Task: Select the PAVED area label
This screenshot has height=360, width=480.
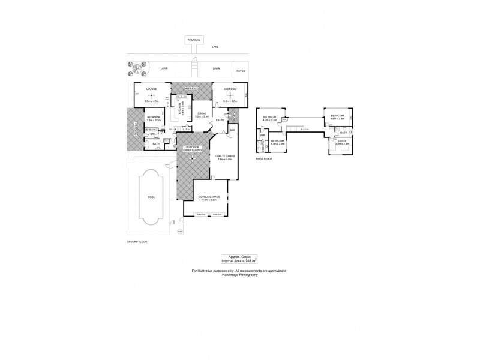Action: point(241,71)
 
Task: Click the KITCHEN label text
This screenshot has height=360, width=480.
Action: point(179,109)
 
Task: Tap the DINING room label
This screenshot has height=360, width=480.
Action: point(202,113)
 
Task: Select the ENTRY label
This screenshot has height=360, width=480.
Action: point(220,119)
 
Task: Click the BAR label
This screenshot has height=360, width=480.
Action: point(232,130)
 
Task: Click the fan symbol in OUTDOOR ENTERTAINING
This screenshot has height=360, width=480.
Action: point(193,158)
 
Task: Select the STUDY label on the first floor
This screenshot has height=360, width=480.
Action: point(342,142)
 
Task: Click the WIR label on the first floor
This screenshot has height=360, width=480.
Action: point(262,136)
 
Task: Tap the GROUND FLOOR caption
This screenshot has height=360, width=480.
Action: point(136,241)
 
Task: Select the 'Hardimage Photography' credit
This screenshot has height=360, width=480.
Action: point(239,275)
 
